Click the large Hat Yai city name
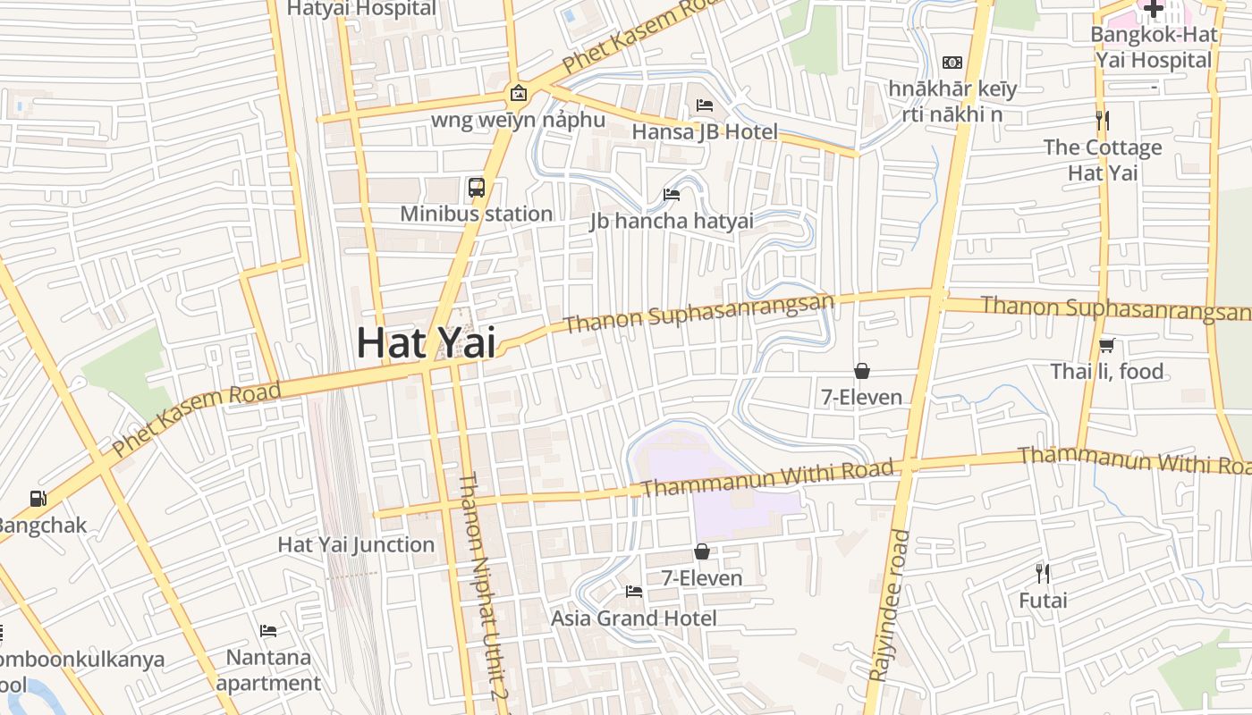tap(426, 343)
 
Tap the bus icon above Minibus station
tap(477, 188)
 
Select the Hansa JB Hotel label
tap(705, 132)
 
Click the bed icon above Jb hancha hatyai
tap(672, 195)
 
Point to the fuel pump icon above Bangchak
tap(38, 499)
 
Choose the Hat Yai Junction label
tap(356, 544)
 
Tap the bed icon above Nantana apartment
tap(267, 631)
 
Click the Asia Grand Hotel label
tap(633, 618)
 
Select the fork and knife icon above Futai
tap(1043, 573)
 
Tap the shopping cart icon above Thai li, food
tap(1106, 345)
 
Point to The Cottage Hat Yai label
tap(1103, 160)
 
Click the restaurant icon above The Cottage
tap(1103, 121)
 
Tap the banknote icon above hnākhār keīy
tap(952, 63)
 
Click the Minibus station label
tap(476, 214)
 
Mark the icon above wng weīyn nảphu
tap(517, 93)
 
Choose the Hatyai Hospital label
tap(361, 9)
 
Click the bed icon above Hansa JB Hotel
tap(705, 105)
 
